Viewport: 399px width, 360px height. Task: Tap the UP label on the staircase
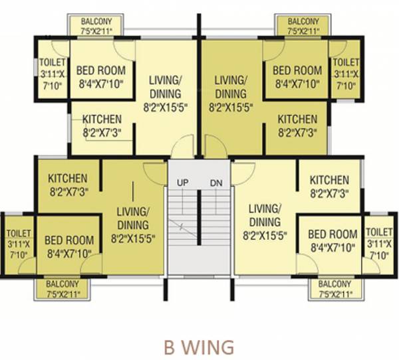182,182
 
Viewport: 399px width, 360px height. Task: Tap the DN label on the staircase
216,182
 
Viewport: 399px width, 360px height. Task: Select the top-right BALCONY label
303,21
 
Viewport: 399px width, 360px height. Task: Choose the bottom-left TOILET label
18,233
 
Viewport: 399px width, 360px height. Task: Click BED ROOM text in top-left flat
102,70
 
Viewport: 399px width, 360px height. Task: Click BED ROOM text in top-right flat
297,70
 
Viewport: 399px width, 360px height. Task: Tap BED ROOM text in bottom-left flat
68,240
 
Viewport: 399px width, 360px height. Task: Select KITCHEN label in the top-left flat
102,120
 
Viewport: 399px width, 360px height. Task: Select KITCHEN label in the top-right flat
297,120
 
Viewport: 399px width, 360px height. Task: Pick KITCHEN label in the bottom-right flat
329,180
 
